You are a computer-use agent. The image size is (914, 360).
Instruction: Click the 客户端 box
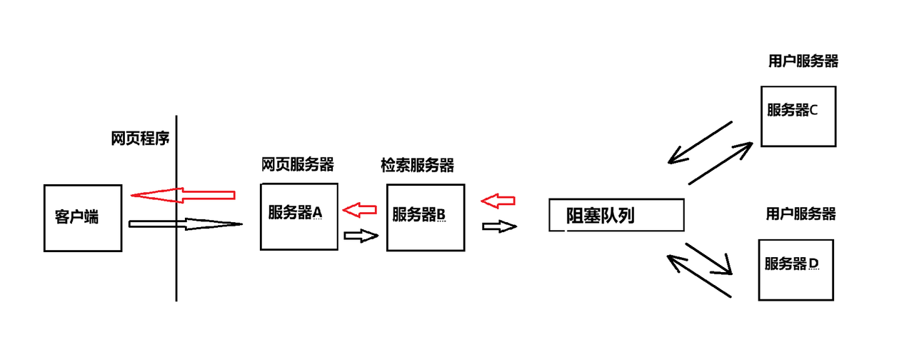point(79,218)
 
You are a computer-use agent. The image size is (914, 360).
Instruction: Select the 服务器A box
point(298,216)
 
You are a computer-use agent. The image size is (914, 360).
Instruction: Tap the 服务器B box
point(425,217)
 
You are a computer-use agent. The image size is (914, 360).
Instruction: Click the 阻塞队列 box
point(616,215)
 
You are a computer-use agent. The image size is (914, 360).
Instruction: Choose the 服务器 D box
point(795,269)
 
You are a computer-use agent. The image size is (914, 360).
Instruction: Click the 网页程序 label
point(140,139)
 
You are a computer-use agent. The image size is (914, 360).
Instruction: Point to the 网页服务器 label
point(298,165)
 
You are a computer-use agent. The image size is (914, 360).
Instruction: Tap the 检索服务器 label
point(418,165)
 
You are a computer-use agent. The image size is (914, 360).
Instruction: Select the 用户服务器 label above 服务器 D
point(800,214)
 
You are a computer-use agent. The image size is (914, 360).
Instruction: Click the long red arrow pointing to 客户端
point(183,194)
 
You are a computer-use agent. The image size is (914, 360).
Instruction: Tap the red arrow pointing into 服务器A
point(360,209)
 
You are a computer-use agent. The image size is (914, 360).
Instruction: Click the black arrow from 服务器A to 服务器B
point(361,235)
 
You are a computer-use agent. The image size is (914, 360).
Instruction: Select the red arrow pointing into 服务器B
point(498,201)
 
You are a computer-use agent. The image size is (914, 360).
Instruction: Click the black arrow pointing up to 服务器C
point(720,164)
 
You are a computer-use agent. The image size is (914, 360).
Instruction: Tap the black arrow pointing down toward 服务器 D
point(710,259)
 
